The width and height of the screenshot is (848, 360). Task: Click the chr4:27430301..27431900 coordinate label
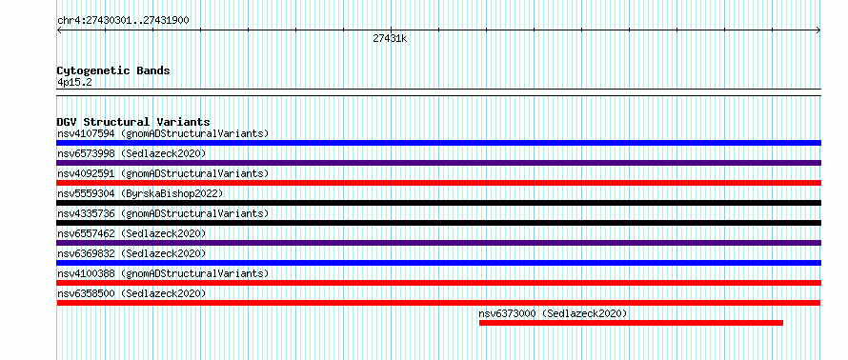(123, 21)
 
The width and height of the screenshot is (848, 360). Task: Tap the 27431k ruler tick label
(390, 38)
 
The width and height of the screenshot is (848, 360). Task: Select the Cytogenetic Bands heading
(113, 70)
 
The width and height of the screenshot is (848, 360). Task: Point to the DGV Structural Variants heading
(133, 122)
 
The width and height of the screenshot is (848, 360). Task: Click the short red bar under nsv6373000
(631, 323)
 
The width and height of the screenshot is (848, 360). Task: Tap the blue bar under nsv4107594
(438, 143)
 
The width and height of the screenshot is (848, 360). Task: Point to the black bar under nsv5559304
(438, 203)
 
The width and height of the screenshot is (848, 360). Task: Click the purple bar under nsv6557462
(438, 243)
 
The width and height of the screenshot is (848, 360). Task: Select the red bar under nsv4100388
(438, 283)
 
